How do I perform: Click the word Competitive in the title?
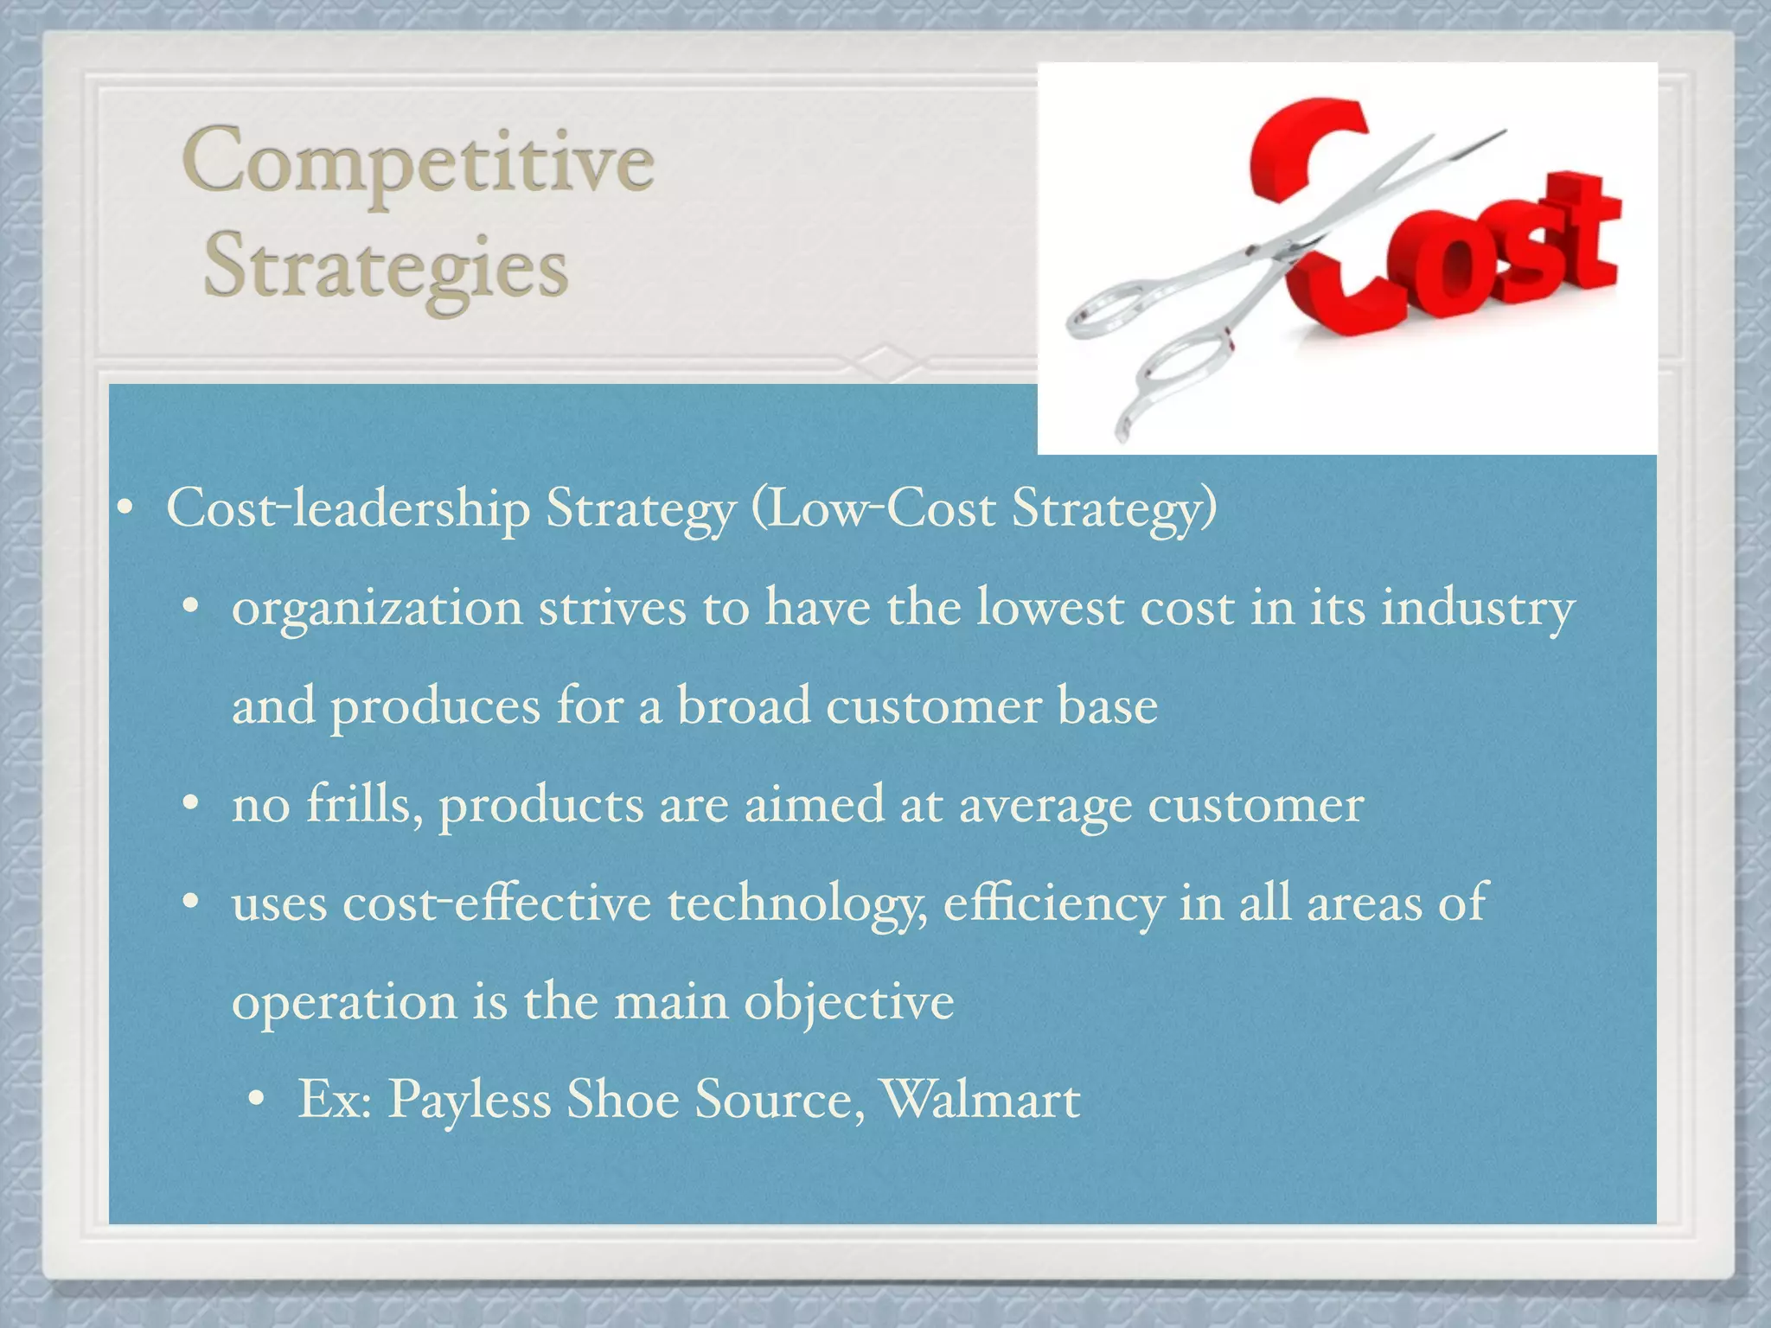418,163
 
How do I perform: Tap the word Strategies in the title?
386,266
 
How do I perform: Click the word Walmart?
980,1100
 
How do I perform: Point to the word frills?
364,804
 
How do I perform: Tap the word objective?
848,1003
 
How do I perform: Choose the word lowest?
1051,607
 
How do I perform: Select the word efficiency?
1052,904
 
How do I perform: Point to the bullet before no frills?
190,806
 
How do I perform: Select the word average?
1045,806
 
